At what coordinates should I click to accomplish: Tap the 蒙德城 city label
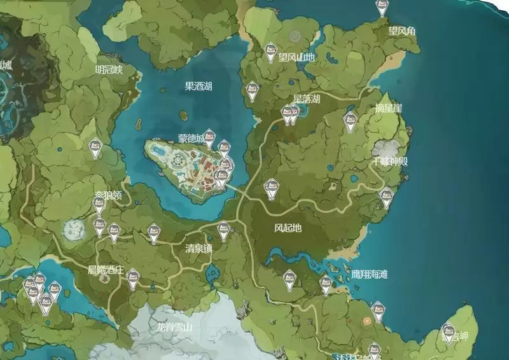coord(192,138)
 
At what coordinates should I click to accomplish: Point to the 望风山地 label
coord(296,57)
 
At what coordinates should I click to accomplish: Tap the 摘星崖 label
coord(388,108)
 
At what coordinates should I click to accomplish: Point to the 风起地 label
coord(287,227)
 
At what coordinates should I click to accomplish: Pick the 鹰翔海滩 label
coord(370,275)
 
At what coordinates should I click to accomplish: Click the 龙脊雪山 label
coord(174,328)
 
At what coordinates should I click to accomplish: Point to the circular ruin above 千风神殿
coord(386,147)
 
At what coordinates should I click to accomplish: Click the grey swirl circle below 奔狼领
coord(73,229)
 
